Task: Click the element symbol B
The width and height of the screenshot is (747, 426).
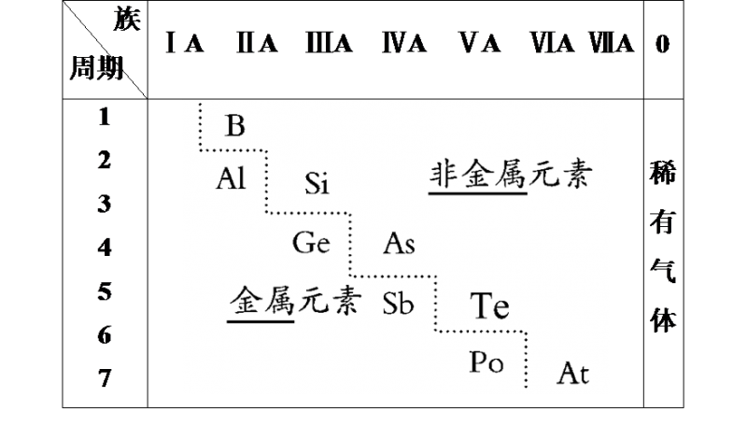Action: [235, 125]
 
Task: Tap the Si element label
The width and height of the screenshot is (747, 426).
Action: [318, 184]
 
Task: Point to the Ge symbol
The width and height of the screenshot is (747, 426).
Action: [311, 244]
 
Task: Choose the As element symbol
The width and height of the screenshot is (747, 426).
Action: [399, 244]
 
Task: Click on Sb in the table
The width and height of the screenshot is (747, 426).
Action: [398, 304]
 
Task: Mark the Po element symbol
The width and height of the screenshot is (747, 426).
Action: [486, 363]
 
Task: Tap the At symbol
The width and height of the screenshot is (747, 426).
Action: [572, 374]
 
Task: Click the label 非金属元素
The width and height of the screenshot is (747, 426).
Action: [512, 175]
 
